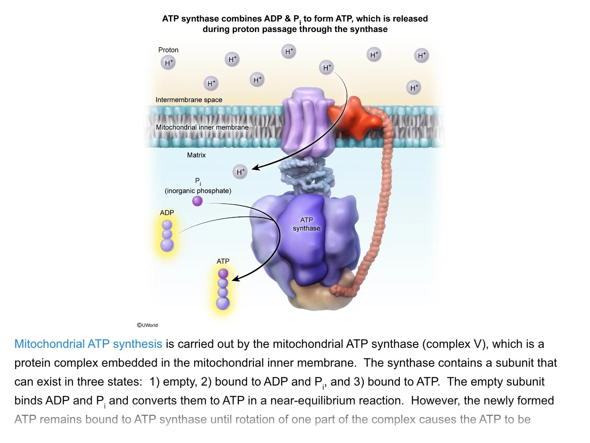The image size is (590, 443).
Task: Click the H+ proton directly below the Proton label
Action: pos(168,63)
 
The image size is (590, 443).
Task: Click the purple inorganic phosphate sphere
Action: pos(197,201)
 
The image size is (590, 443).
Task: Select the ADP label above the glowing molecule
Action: pos(167,212)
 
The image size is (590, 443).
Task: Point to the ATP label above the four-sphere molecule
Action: pos(223,261)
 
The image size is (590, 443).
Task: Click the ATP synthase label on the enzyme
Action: pos(306,224)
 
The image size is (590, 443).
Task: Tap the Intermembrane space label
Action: pos(189,100)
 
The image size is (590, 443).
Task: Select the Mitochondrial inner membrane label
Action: pos(202,127)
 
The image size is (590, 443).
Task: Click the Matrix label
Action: pos(196,155)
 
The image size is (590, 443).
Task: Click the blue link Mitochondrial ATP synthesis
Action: pos(88,344)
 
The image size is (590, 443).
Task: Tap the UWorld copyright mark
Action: pos(147,325)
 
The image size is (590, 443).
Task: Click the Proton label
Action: pos(168,50)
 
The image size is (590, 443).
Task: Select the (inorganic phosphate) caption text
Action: pos(198,191)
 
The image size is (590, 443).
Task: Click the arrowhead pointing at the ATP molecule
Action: pos(235,279)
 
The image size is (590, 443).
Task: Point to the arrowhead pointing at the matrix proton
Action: pos(254,167)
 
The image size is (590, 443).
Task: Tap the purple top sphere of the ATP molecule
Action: pos(223,273)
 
